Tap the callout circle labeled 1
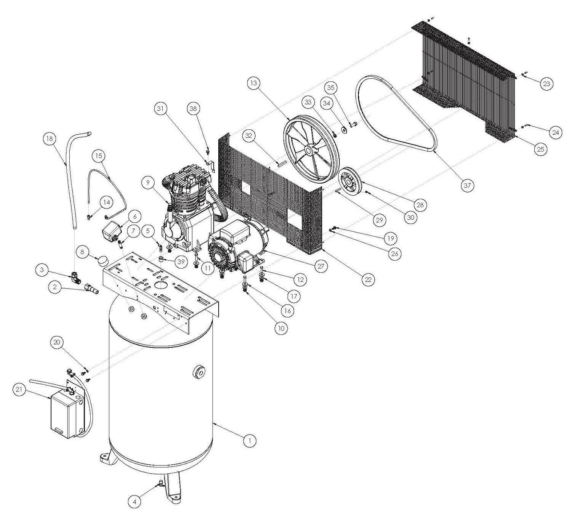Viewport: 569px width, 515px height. pyautogui.click(x=250, y=440)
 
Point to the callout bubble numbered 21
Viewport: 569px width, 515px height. pyautogui.click(x=19, y=390)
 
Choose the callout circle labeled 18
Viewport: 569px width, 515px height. pyautogui.click(x=50, y=139)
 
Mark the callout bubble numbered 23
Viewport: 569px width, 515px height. pyautogui.click(x=546, y=83)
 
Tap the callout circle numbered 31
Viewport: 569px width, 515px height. pyautogui.click(x=160, y=108)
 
